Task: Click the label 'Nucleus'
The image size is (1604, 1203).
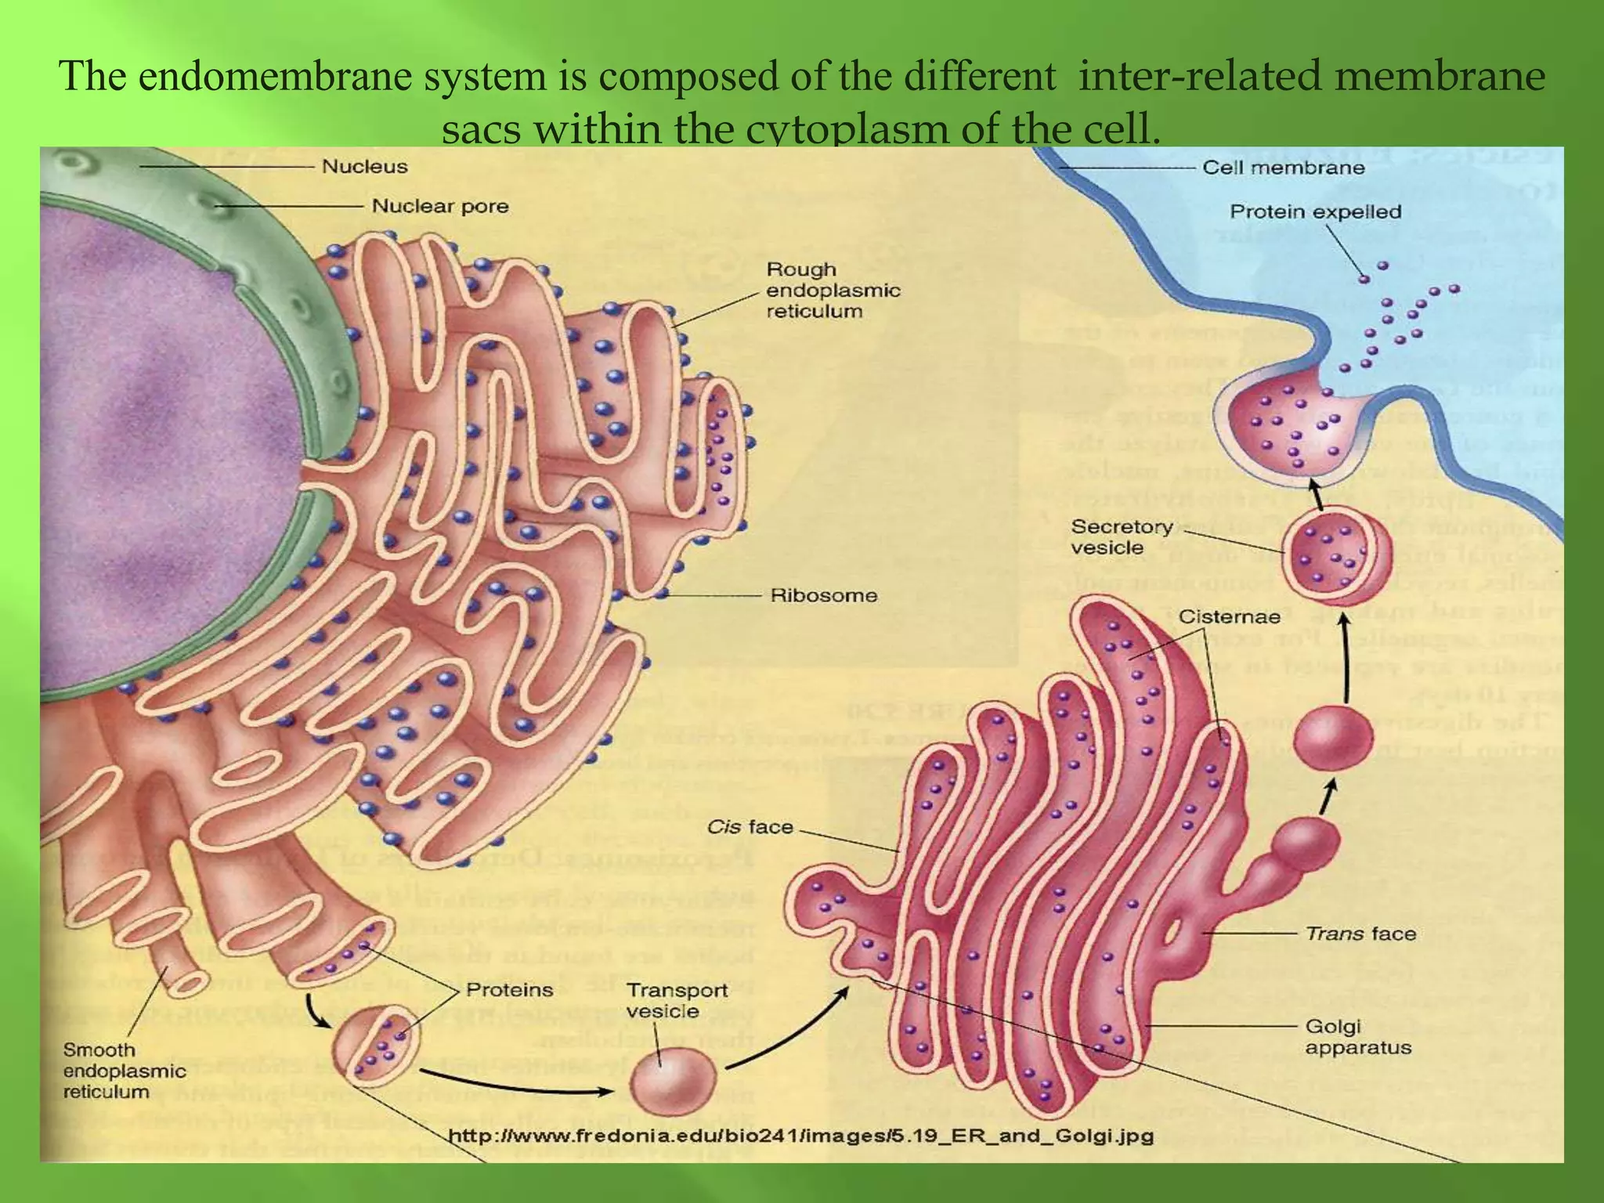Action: (x=365, y=167)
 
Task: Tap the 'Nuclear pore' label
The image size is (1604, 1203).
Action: (x=439, y=207)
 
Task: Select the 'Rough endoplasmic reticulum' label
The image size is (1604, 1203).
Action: (x=833, y=291)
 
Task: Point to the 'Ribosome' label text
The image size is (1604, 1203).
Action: (x=824, y=595)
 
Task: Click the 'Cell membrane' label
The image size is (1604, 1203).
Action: (x=1283, y=168)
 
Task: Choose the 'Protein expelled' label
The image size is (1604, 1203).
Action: (x=1315, y=212)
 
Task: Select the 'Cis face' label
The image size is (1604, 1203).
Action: (x=750, y=827)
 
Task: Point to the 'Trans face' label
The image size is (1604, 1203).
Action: (x=1360, y=934)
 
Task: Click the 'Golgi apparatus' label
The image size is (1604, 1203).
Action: (x=1358, y=1037)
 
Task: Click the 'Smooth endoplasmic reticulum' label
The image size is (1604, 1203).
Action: (x=124, y=1071)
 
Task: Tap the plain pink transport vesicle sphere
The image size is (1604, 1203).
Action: (x=673, y=1088)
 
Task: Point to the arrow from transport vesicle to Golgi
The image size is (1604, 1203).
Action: (x=791, y=1031)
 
